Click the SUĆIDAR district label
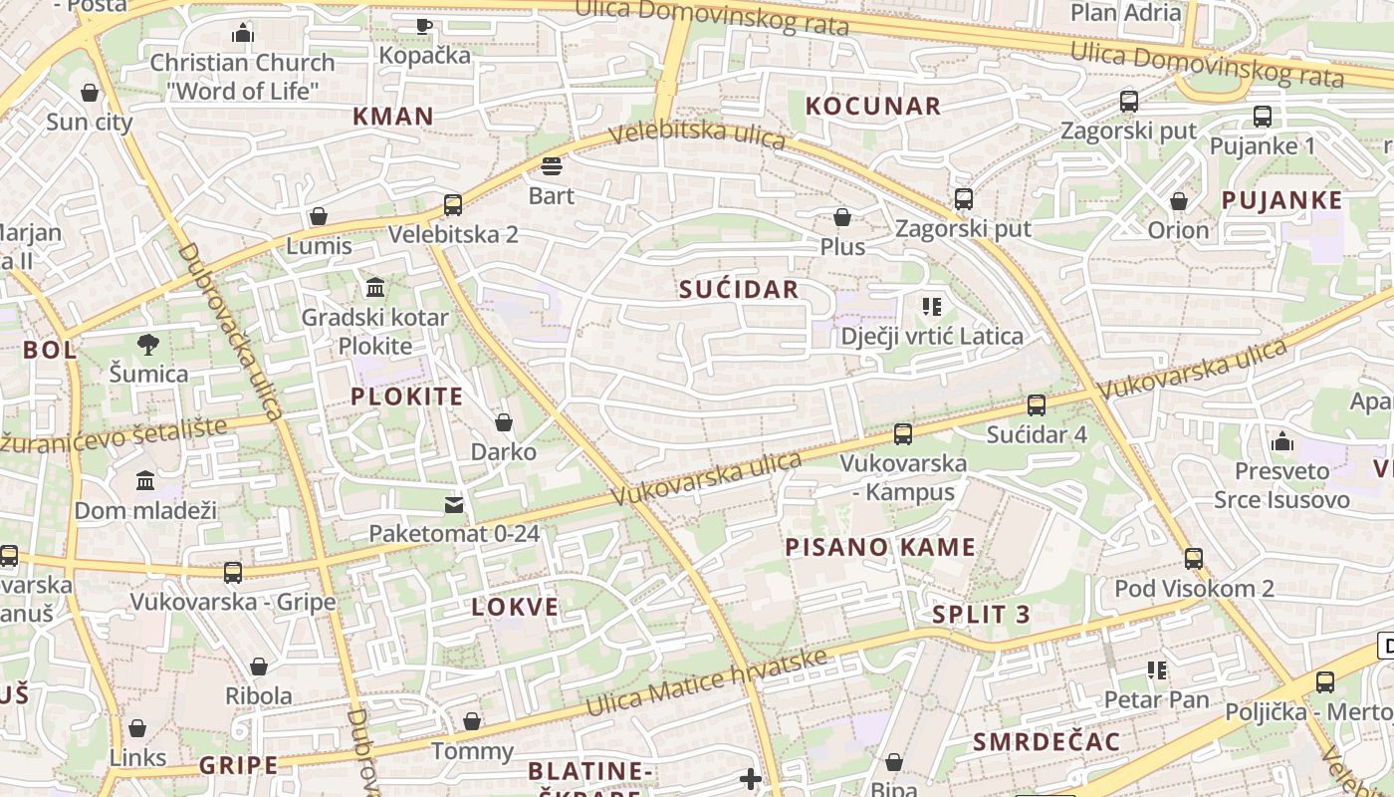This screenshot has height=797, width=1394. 739,289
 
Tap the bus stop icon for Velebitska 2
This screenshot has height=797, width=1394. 453,205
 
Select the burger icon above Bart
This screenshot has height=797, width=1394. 552,165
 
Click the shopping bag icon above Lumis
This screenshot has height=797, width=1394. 319,216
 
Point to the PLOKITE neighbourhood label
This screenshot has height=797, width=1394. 407,397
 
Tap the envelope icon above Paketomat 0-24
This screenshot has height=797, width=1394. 454,504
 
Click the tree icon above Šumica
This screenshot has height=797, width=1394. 148,345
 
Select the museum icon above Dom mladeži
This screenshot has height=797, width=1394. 145,481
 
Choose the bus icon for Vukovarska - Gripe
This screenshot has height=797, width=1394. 233,573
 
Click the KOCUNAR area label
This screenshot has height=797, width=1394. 873,107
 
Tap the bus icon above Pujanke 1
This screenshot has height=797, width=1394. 1263,117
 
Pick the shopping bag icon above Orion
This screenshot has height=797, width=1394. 1179,201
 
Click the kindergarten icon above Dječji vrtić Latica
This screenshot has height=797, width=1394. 932,306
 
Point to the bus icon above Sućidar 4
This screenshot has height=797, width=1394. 1037,405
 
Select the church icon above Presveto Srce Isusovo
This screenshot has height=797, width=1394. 1282,440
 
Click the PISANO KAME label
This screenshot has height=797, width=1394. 880,547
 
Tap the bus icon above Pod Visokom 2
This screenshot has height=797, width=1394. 1194,559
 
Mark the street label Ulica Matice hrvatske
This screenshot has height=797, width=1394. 707,683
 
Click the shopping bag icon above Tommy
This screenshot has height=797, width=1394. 472,721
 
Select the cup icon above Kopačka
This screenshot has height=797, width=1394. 424,26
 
